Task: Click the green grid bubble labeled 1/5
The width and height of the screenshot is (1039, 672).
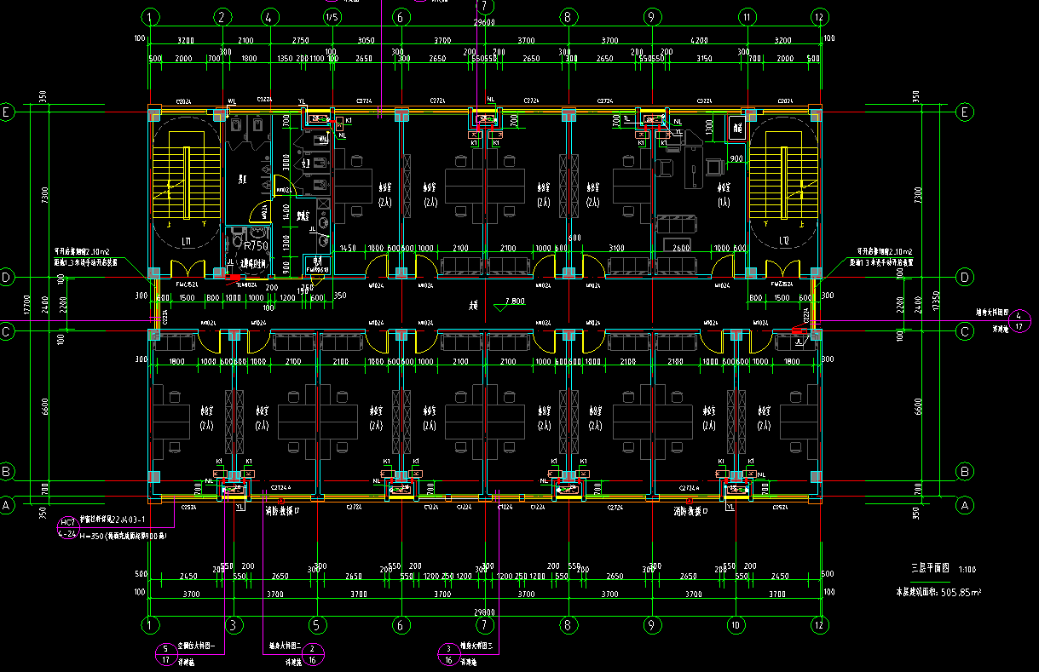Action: (332, 17)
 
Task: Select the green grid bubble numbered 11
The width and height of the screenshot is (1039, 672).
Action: (747, 17)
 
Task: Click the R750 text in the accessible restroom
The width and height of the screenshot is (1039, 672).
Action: (256, 245)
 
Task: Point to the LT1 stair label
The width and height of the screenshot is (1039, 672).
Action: (185, 242)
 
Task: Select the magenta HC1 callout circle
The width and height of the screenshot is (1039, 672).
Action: (66, 522)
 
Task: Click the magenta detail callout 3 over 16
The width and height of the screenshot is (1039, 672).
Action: (448, 653)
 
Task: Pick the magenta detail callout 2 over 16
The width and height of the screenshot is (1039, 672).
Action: (313, 653)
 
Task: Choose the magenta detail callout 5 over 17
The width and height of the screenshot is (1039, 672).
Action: (165, 653)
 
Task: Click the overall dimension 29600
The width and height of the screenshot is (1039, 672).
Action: (485, 25)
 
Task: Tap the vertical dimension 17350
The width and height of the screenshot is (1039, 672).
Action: (938, 302)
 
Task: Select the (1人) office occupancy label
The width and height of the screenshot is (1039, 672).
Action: (724, 203)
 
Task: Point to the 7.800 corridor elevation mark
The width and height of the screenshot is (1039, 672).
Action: (514, 302)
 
